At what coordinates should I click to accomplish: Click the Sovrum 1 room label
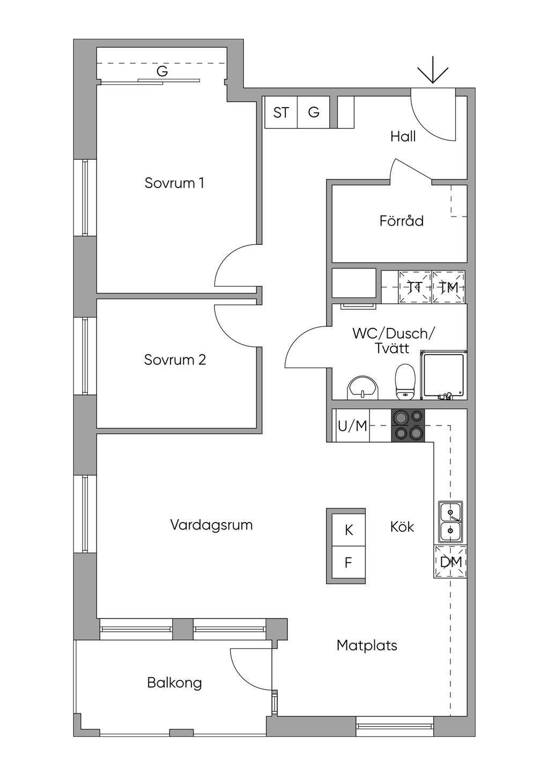click(174, 183)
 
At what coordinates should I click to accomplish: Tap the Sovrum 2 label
click(175, 360)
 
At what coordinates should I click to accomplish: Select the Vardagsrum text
click(211, 525)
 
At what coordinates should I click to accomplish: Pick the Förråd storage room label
click(402, 220)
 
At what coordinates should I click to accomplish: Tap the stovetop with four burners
click(408, 426)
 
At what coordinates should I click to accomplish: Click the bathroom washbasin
click(363, 387)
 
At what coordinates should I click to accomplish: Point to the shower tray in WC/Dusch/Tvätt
click(443, 375)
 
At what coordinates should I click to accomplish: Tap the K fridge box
click(348, 530)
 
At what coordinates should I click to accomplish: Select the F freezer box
click(348, 563)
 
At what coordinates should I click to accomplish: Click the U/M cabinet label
click(352, 426)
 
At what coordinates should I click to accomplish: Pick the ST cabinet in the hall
click(281, 112)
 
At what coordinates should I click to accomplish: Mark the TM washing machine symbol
click(449, 287)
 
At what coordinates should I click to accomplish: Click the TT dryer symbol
click(415, 287)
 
